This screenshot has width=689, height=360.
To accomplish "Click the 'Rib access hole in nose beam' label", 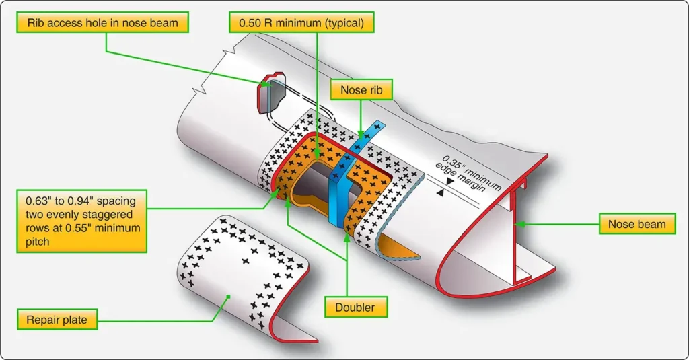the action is click(102, 22).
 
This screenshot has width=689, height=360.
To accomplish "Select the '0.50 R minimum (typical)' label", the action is click(301, 22).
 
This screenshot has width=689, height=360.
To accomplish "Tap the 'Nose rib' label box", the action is click(361, 89).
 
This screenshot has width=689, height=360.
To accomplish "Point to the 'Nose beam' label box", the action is click(637, 224).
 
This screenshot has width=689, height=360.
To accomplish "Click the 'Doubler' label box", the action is click(355, 307).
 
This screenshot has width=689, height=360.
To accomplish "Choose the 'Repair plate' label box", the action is click(57, 320).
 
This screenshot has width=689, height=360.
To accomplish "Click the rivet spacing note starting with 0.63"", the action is click(81, 221).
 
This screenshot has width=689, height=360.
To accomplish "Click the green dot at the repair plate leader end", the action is click(229, 297).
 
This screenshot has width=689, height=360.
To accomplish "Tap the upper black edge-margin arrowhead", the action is click(449, 181).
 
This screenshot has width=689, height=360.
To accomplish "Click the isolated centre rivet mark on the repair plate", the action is click(245, 261).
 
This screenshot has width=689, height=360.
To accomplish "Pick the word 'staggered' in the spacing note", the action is click(110, 215).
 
